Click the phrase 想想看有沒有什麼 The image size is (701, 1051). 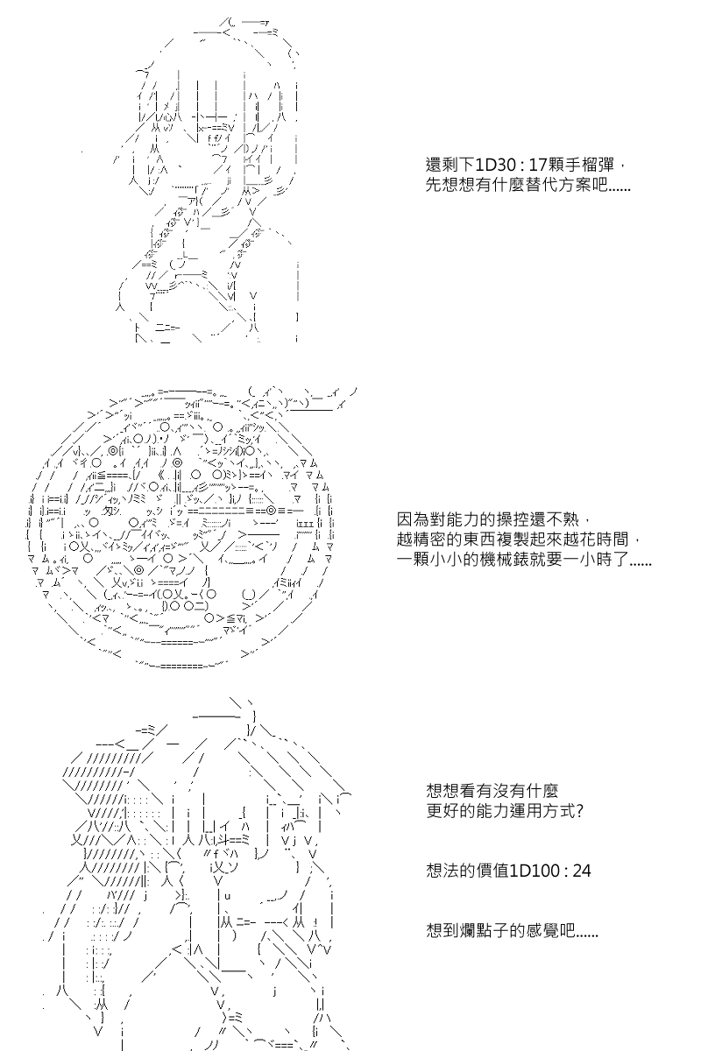(x=492, y=791)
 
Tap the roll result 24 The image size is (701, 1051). (x=581, y=871)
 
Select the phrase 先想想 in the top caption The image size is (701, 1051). (x=450, y=185)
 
